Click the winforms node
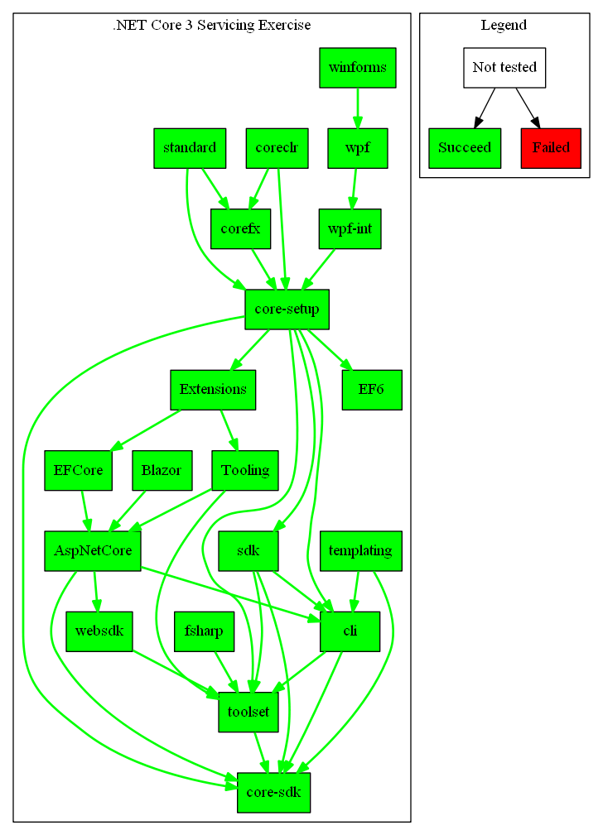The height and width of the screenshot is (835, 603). [357, 68]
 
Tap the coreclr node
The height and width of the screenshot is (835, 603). [277, 148]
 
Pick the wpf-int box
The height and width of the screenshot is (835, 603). [350, 229]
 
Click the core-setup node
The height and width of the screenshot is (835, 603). [287, 310]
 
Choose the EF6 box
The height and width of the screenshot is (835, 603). [372, 390]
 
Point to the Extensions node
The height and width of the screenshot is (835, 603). [213, 390]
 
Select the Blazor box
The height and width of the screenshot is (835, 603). [162, 470]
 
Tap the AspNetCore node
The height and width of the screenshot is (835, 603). [93, 551]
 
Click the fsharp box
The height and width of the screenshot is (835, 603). [205, 631]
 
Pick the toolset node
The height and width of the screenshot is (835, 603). [248, 712]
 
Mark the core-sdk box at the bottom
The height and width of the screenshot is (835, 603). [273, 793]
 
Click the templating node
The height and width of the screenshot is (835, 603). [360, 551]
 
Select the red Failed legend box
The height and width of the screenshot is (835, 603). [551, 148]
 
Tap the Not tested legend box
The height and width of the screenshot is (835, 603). [504, 68]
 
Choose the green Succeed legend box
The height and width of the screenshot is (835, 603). [465, 148]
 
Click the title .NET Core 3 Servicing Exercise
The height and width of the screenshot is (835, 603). [212, 25]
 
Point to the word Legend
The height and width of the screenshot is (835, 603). [504, 25]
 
